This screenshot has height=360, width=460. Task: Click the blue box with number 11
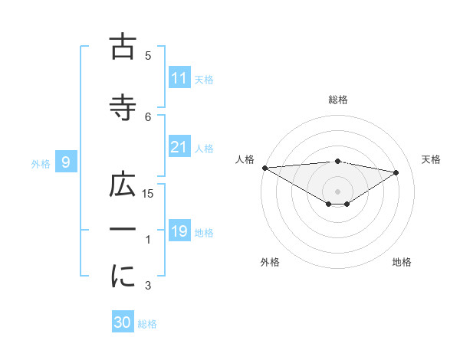coord(179,78)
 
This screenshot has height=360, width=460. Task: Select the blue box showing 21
coord(179,147)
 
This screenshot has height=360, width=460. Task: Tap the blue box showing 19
coord(179,231)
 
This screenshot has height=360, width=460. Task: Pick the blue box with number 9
coord(67,162)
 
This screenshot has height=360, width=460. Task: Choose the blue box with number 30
coord(123,322)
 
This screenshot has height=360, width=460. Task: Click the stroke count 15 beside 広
coord(149,194)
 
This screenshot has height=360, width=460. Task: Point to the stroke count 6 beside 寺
coord(149,116)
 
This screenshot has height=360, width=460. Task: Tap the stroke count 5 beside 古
coord(149,55)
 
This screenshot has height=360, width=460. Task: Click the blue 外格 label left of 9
coord(41,163)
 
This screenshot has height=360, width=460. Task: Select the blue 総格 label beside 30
coord(147,323)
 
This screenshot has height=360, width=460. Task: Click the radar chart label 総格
coord(337,100)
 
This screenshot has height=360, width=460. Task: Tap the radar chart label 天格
coord(432,159)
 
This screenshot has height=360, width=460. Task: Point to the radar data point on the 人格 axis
coord(264,168)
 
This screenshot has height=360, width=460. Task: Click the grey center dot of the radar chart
coord(337,190)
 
